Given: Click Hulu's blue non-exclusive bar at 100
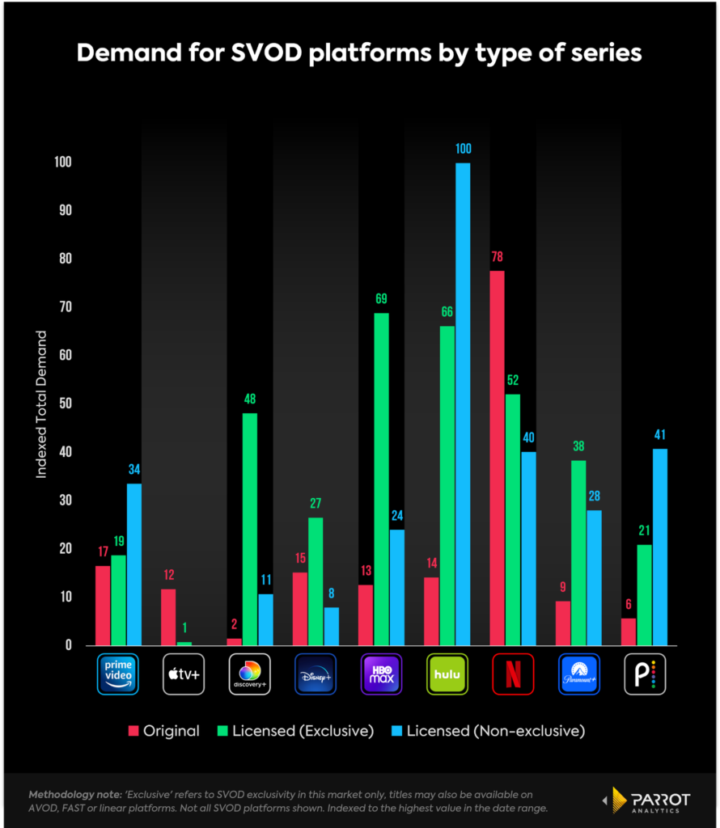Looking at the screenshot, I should [463, 404].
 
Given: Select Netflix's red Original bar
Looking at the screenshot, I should [497, 458].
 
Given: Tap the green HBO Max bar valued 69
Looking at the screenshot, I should [381, 479].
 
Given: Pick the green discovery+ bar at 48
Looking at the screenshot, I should [249, 529].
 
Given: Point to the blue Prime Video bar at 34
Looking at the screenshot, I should [133, 564].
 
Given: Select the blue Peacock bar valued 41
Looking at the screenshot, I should [660, 547].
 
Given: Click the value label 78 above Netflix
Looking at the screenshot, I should [497, 257].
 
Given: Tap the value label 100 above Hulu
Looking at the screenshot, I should [463, 149].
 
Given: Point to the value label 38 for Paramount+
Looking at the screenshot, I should [578, 446].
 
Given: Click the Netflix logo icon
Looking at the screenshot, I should [513, 674].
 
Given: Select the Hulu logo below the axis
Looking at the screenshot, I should [447, 674].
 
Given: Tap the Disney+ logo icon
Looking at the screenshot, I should [316, 674].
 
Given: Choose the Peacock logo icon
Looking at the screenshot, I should [644, 674].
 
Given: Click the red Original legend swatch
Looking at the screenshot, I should [133, 731].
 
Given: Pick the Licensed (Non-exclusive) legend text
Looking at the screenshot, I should [495, 731].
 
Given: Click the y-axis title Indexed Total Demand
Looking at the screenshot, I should [41, 403].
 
